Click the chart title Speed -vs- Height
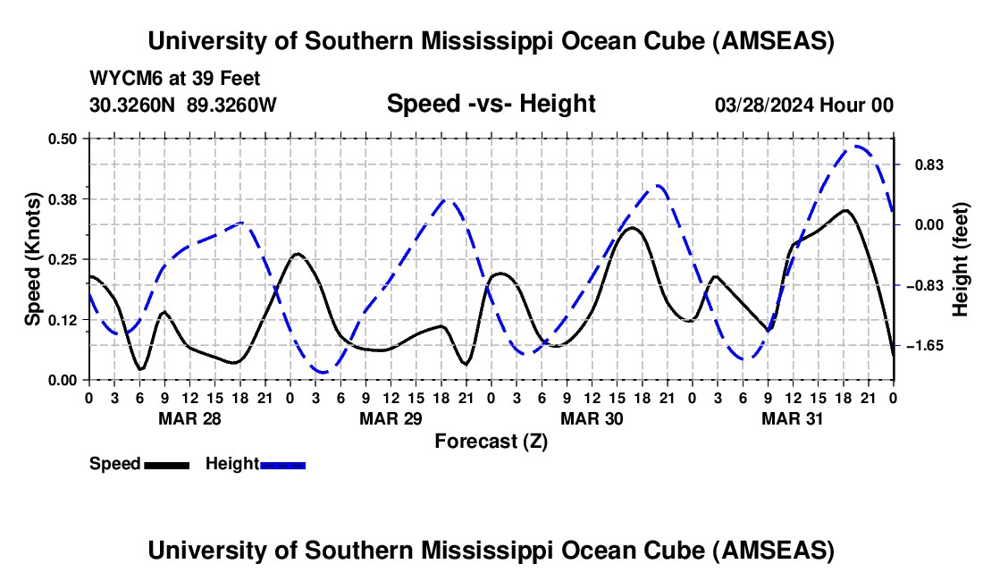point(491,104)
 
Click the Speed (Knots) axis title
point(32,259)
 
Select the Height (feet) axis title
point(961,259)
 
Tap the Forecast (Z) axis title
point(491,441)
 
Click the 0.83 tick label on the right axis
point(920,165)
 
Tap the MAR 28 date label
point(189,417)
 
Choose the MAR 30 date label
point(592,417)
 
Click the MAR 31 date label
point(793,417)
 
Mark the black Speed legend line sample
point(166,465)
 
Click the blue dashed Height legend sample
point(283,465)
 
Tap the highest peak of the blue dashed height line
point(857,147)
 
